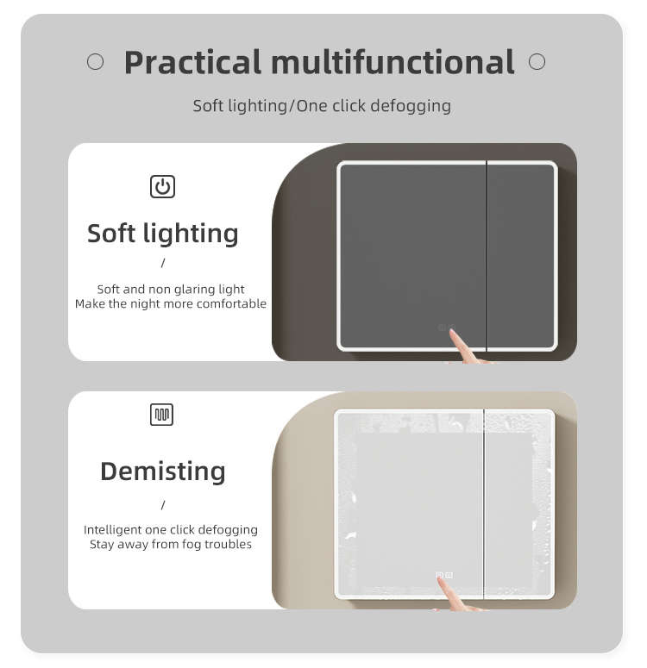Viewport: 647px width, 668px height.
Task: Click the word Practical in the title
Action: point(192,63)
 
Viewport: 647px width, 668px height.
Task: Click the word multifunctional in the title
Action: point(393,62)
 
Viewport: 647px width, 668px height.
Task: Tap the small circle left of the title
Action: point(95,62)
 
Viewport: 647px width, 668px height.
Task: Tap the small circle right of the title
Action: point(537,62)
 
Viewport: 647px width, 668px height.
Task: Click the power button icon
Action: point(162,186)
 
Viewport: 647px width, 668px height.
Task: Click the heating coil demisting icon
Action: point(161,415)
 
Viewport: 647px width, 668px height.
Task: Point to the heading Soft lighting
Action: point(162,234)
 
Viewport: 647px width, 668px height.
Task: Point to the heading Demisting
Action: point(163,471)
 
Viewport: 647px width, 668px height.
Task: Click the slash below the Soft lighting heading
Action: point(163,263)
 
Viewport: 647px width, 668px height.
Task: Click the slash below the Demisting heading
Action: point(163,505)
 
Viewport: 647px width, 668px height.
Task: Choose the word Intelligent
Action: point(113,530)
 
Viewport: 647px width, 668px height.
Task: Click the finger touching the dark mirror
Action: point(464,347)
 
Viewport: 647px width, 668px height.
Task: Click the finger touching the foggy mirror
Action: point(452,594)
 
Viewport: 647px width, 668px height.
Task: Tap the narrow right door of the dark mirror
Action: point(521,256)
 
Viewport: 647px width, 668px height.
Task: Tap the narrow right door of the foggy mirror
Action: point(519,504)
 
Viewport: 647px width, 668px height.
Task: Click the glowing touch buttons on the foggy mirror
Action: point(444,575)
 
